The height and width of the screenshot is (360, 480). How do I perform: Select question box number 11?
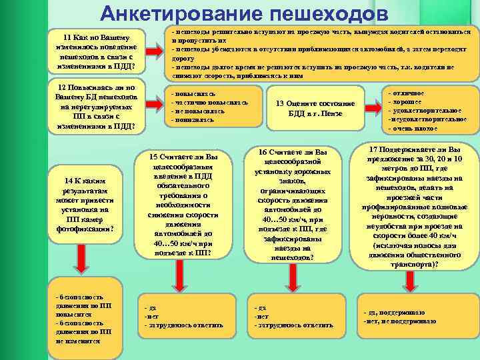tap(91, 50)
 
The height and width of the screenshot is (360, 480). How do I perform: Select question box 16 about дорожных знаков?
tap(294, 204)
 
